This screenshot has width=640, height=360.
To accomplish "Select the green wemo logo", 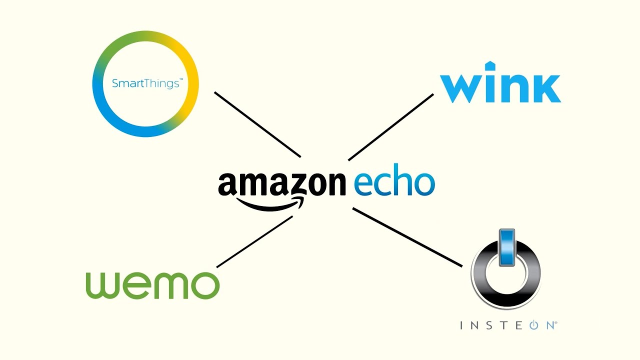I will [x=152, y=285].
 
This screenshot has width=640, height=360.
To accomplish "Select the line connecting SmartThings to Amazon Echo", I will [x=257, y=124].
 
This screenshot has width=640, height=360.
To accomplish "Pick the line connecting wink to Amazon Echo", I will [x=391, y=127].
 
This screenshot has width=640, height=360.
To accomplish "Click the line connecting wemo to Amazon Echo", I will [x=254, y=241].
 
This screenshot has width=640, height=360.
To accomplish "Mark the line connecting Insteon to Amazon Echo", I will [x=407, y=237].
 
